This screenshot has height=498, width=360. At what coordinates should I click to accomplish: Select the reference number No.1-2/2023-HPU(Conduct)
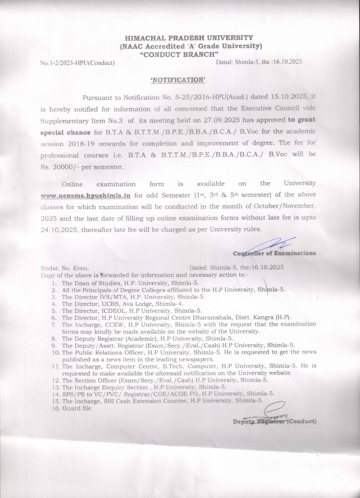pyautogui.click(x=78, y=63)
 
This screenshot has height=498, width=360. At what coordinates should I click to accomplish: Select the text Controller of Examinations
pyautogui.click(x=274, y=253)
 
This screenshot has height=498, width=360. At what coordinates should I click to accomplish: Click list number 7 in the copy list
pyautogui.click(x=54, y=324)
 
